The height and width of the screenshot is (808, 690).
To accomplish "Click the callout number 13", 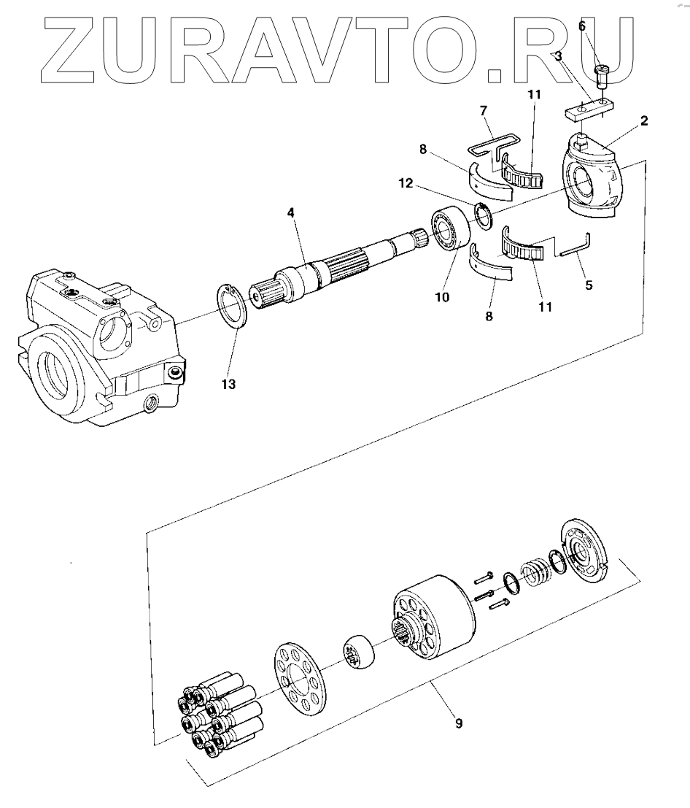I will [229, 385].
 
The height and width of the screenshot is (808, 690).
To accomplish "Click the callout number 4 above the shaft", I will [290, 215].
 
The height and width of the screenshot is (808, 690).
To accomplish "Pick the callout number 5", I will [588, 285].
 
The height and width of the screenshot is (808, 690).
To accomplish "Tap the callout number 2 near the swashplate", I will [644, 122].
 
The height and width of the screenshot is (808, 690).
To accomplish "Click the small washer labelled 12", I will [481, 213].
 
